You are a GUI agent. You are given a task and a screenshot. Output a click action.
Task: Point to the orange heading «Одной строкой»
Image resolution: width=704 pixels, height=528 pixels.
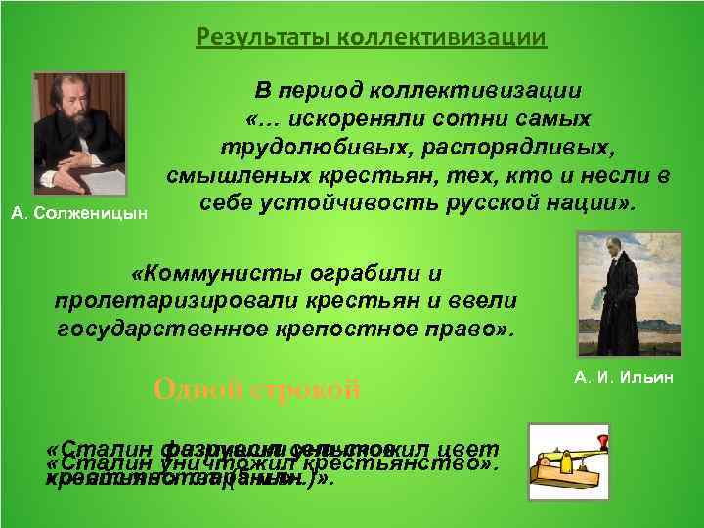[257, 389]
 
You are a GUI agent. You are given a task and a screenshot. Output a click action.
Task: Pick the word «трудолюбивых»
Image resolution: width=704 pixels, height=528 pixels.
[294, 147]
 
